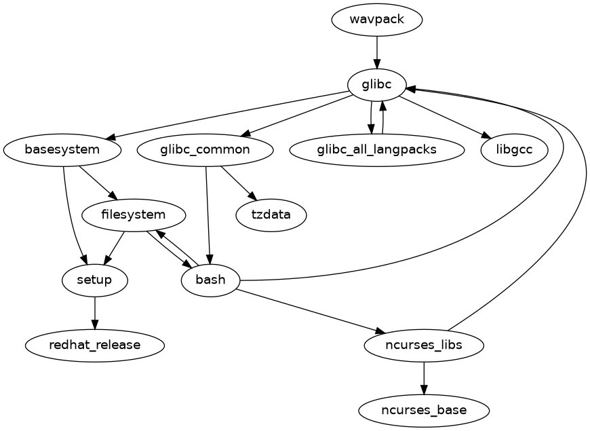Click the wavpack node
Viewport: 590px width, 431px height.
376,19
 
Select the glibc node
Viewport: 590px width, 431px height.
376,84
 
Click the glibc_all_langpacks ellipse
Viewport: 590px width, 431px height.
376,149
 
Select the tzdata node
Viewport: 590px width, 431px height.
271,214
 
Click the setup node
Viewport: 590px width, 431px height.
95,280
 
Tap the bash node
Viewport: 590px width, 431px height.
210,280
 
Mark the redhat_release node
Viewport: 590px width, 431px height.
95,345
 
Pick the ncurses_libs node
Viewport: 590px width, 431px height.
424,345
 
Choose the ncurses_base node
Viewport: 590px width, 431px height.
424,410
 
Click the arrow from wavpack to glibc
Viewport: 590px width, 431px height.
376,52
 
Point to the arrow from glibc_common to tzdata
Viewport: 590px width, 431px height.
238,182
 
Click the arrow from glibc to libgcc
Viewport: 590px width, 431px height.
444,116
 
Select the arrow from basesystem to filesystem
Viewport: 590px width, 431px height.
95,180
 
